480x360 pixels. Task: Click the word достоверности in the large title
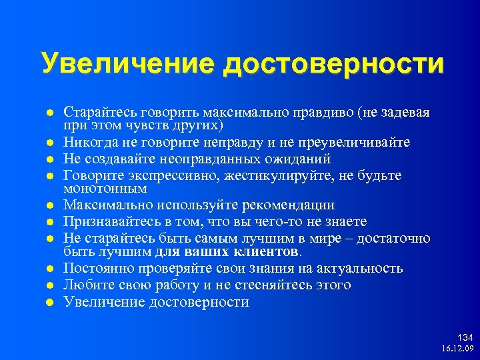pyautogui.click(x=333, y=64)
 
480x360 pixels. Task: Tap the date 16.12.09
pyautogui.click(x=457, y=349)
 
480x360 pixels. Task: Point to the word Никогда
pyautogui.click(x=87, y=143)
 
